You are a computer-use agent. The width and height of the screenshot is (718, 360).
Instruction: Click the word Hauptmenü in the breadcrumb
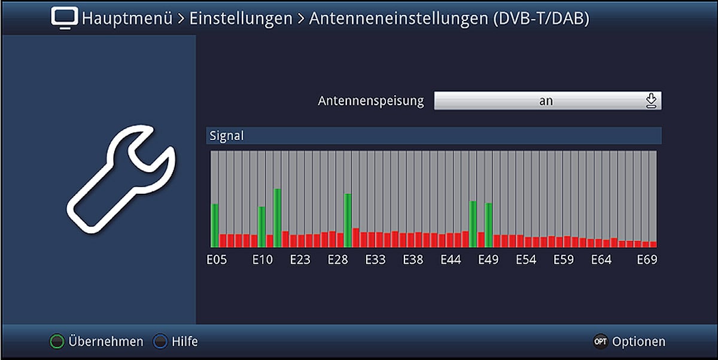point(127,19)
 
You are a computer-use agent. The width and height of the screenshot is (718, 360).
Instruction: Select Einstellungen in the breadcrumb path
point(241,19)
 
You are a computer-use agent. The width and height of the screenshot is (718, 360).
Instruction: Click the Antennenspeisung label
point(371,101)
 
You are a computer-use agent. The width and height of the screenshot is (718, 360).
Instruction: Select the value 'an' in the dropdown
point(546,101)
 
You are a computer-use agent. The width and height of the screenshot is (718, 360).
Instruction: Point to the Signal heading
point(226,136)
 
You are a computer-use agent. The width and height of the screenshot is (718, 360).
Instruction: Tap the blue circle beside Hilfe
point(161,342)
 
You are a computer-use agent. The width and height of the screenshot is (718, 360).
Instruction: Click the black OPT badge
point(600,342)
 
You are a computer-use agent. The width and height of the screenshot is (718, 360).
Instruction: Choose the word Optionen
point(638,342)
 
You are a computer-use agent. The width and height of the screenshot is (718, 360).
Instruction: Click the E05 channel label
point(217,260)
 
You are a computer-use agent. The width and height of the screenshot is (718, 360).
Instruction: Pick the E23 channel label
point(300,260)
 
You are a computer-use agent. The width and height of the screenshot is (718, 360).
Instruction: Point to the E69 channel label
point(647,260)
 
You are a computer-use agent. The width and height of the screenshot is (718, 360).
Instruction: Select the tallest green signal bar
point(278,218)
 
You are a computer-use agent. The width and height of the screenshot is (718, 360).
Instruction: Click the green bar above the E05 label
point(215,225)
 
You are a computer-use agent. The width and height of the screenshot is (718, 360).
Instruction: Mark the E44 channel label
point(451,260)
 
